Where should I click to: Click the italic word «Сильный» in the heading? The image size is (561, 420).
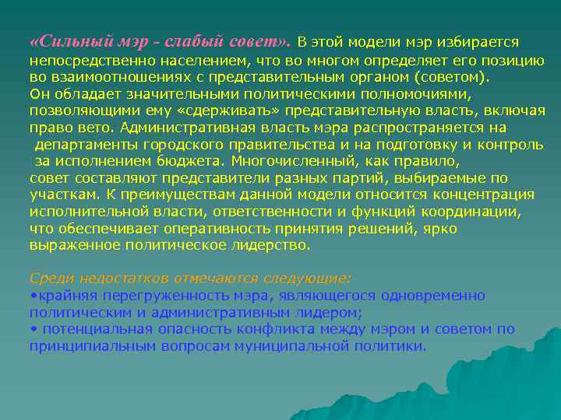tap(68, 40)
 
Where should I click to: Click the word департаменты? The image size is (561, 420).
tap(85, 145)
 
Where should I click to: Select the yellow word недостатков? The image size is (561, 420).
tap(110, 278)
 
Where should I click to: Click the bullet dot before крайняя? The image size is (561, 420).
tap(32, 296)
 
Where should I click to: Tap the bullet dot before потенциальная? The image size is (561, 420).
tap(32, 329)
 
